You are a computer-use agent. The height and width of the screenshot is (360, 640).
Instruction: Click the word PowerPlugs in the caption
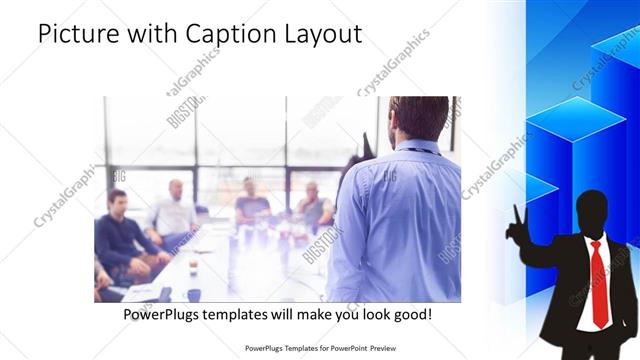click(x=161, y=314)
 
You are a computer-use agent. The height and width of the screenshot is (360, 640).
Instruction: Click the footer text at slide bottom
click(x=320, y=350)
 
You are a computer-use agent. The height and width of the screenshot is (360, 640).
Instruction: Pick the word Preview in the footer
click(x=382, y=350)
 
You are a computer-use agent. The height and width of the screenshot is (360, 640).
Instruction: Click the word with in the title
click(x=149, y=35)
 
